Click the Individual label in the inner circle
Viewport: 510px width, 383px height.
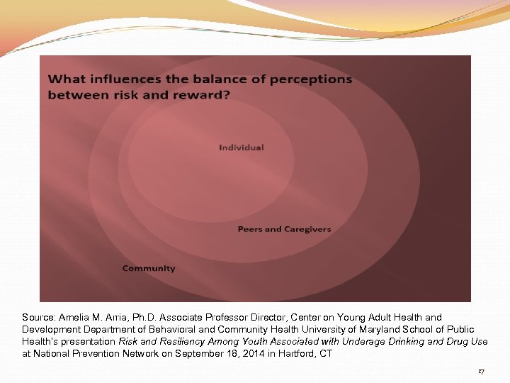(x=241, y=148)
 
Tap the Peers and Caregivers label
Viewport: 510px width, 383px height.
(x=284, y=229)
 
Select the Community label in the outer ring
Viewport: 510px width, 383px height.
(x=149, y=268)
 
